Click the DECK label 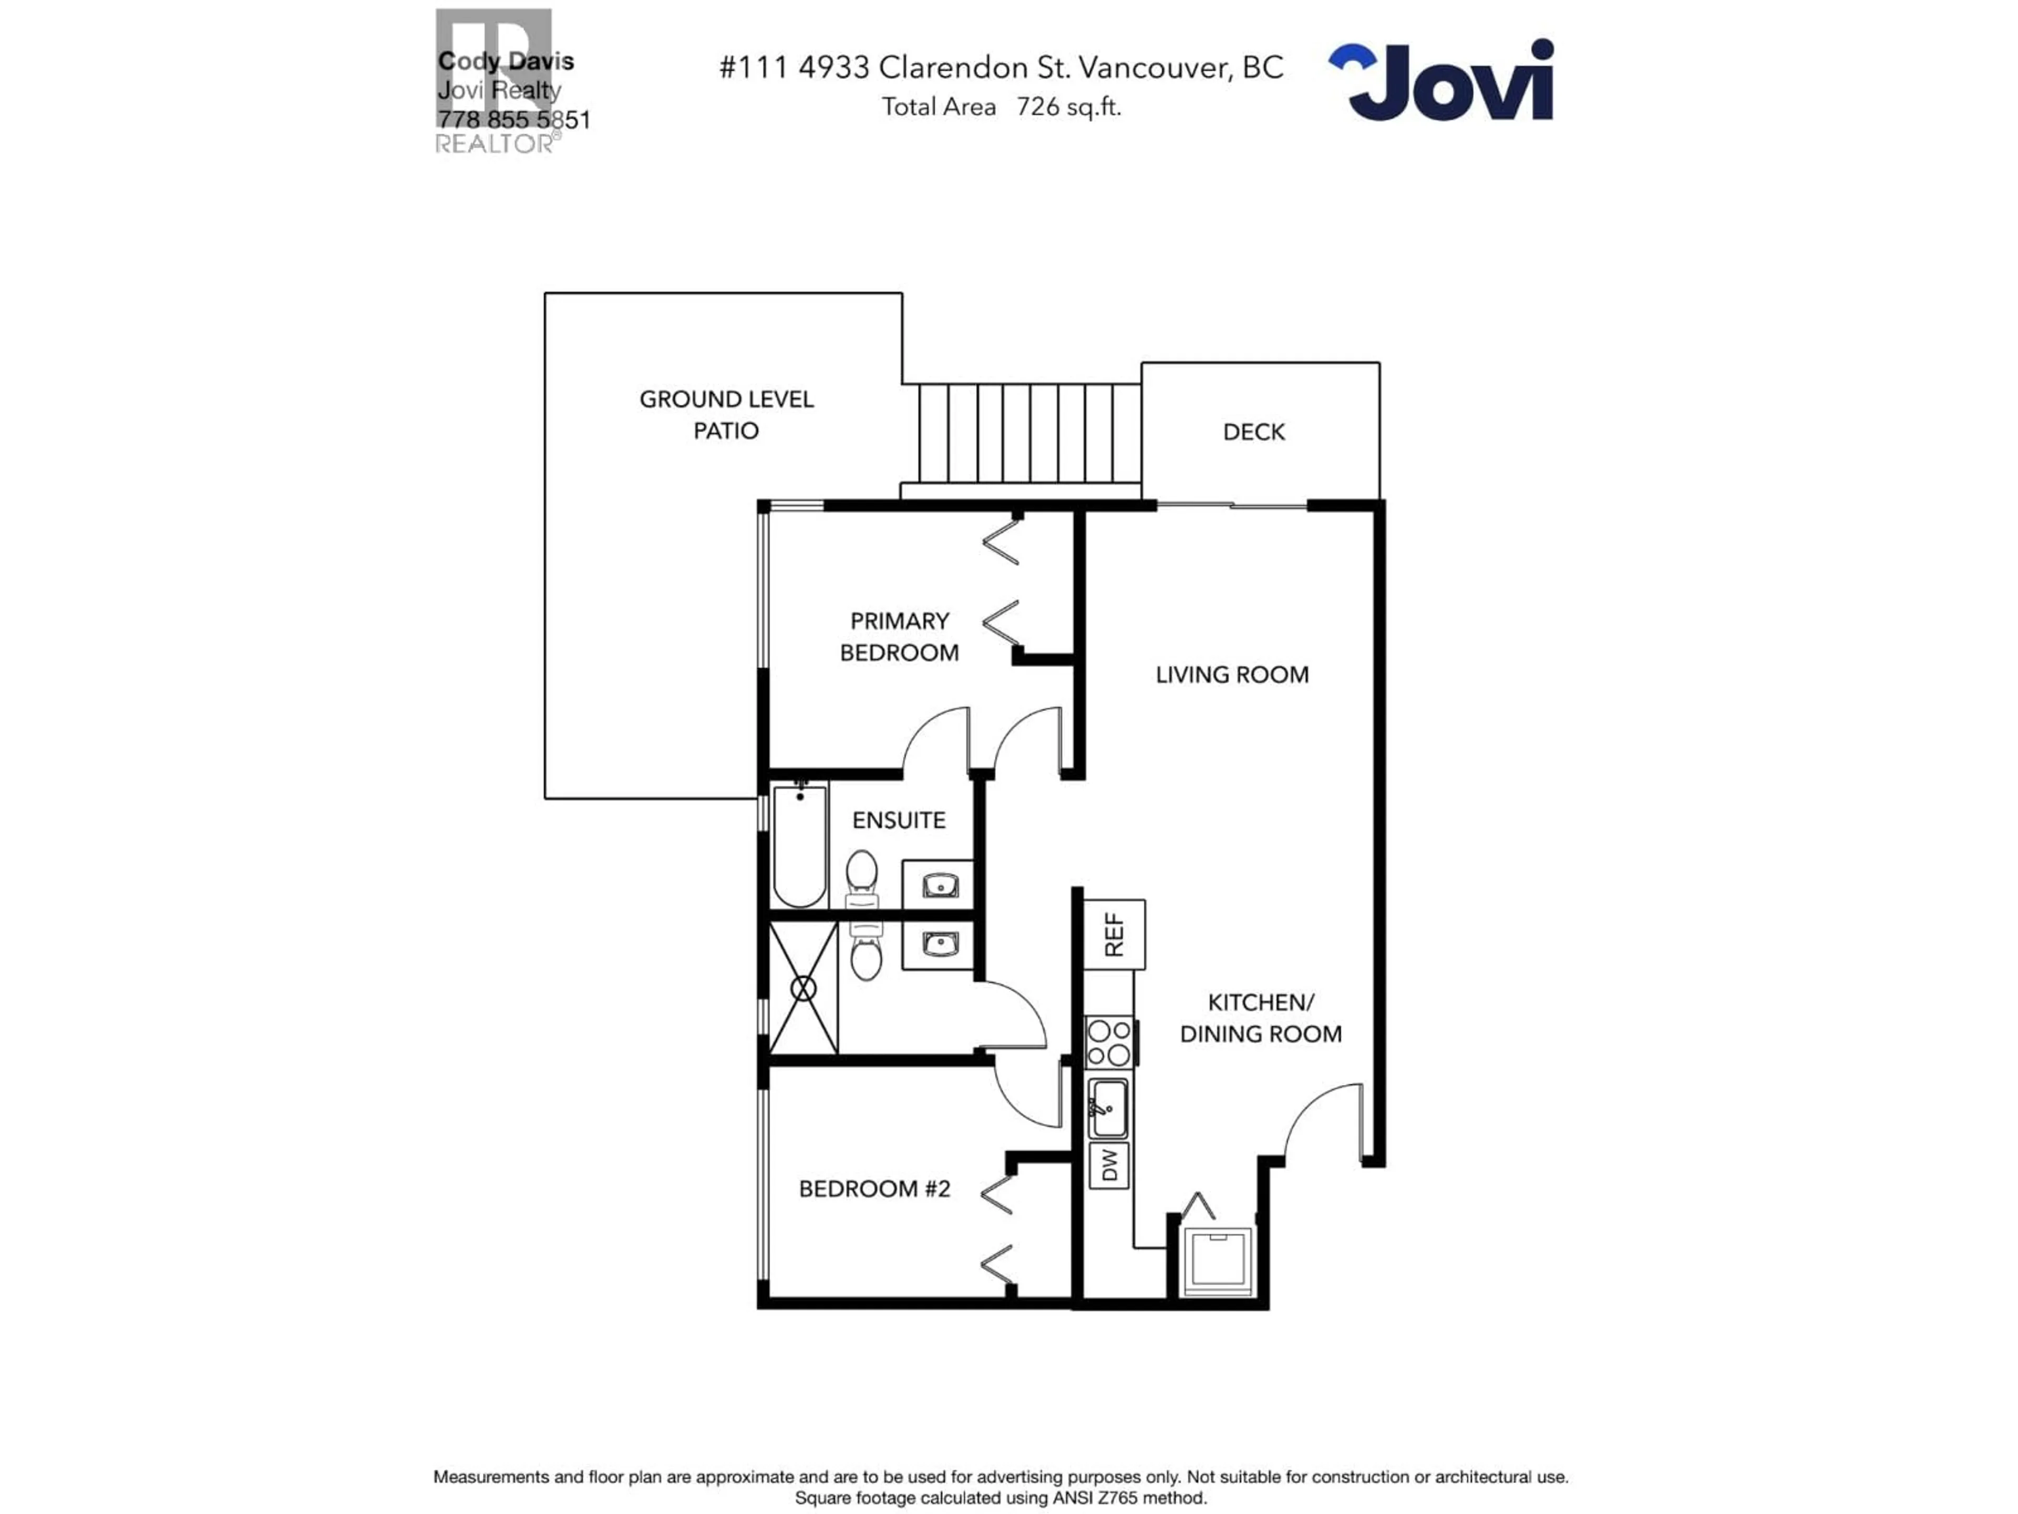coord(1253,432)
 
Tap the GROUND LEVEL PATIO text coord(726,414)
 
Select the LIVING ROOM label coord(1232,674)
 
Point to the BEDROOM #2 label coord(874,1188)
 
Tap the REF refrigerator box coord(1114,935)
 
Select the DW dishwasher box coord(1108,1164)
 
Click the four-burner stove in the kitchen coord(1108,1042)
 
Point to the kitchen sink coord(1107,1107)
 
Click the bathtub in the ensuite coord(800,845)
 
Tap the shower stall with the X coord(804,988)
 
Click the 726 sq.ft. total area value coord(1068,107)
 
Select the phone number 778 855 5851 coord(513,119)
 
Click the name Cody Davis coord(506,61)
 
